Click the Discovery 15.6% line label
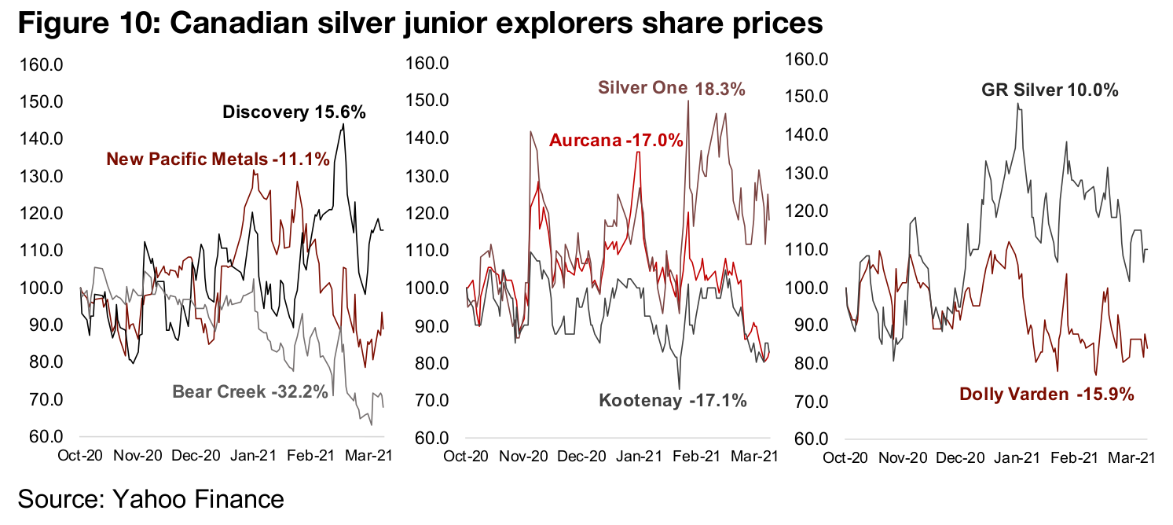pos(295,112)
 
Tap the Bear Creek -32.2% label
pos(250,391)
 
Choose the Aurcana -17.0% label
pos(615,141)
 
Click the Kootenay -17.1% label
pos(673,401)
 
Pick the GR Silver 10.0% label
pos(1050,90)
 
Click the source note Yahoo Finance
pos(151,499)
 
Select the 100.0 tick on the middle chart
pos(427,288)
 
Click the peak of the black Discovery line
pos(343,124)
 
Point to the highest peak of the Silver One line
pos(688,101)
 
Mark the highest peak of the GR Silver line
pos(1017,103)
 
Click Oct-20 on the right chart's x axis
pos(846,457)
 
